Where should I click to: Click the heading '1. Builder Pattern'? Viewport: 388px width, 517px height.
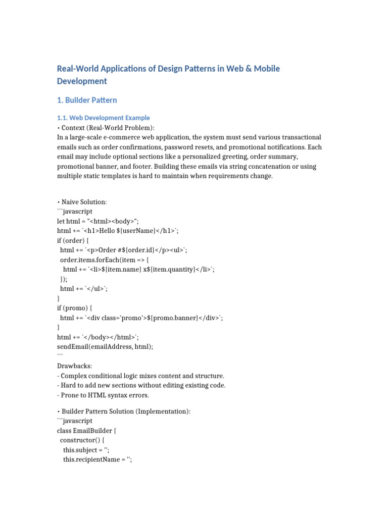pyautogui.click(x=87, y=100)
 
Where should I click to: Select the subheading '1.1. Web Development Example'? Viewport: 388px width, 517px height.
pyautogui.click(x=104, y=118)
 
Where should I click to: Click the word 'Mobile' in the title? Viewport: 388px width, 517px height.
pyautogui.click(x=261, y=69)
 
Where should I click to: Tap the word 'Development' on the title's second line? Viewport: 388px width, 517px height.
pyautogui.click(x=82, y=81)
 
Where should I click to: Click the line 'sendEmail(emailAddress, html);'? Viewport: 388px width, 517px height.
pyautogui.click(x=105, y=346)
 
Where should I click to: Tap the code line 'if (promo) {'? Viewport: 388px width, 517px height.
pyautogui.click(x=75, y=308)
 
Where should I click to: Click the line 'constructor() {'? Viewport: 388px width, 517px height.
pyautogui.click(x=82, y=440)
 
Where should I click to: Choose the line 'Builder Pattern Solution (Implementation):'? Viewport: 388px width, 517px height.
pyautogui.click(x=126, y=411)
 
